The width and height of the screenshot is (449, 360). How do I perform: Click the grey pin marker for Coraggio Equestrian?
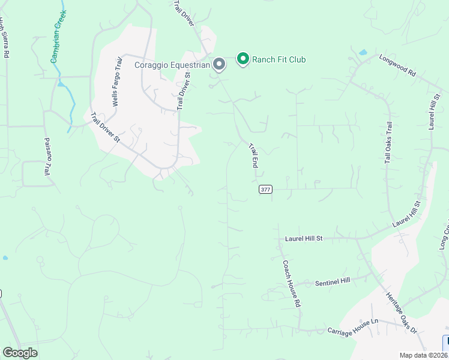(219, 64)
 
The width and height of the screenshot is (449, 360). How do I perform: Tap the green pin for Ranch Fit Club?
(243, 58)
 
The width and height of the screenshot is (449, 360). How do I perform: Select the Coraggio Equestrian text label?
(172, 65)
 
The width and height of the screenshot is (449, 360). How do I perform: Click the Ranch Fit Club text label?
(279, 59)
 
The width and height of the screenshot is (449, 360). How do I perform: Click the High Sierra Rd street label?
(5, 37)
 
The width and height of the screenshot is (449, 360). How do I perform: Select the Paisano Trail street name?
(47, 156)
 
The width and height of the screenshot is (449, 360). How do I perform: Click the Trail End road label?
(253, 155)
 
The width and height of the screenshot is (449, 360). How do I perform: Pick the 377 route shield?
(266, 189)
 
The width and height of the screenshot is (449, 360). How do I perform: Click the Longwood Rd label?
(397, 65)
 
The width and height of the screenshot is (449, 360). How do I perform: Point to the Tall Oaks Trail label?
(388, 143)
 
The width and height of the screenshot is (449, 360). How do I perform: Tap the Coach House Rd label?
(292, 284)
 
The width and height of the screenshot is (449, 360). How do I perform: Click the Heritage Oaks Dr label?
(402, 313)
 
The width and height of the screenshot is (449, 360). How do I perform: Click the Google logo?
(20, 353)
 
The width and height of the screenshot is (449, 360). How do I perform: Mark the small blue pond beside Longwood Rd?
(363, 53)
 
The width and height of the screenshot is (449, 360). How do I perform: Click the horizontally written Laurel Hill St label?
(303, 238)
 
